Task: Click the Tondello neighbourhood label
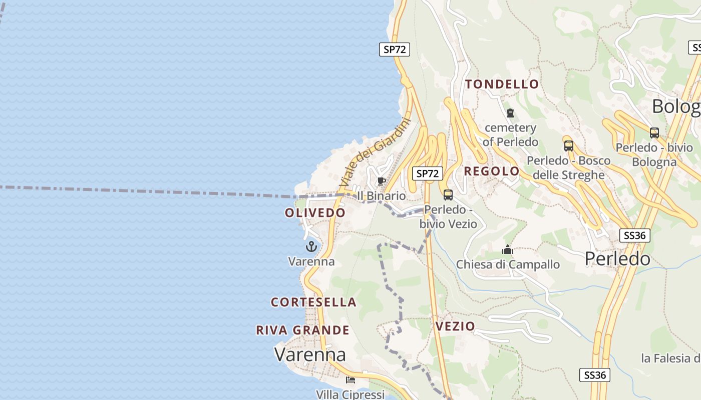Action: click(x=502, y=84)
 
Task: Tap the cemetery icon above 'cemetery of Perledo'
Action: click(x=510, y=113)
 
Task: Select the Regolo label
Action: click(x=492, y=171)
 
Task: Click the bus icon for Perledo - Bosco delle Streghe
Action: click(x=568, y=146)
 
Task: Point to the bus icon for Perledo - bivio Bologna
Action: click(x=654, y=132)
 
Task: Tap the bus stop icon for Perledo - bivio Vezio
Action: click(x=448, y=195)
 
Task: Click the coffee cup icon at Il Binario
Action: click(x=381, y=181)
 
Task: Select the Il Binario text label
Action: click(x=382, y=196)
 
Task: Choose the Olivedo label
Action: click(x=315, y=213)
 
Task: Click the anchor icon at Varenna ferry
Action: click(x=311, y=246)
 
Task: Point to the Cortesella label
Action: click(x=313, y=302)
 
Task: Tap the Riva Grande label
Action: click(x=302, y=330)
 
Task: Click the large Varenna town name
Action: click(x=310, y=354)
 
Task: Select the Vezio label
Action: click(x=455, y=326)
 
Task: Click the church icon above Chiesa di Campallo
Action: click(x=508, y=249)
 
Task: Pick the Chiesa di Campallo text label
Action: click(x=508, y=264)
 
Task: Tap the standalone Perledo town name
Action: click(x=617, y=258)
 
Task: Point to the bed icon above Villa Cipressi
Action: click(x=350, y=380)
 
